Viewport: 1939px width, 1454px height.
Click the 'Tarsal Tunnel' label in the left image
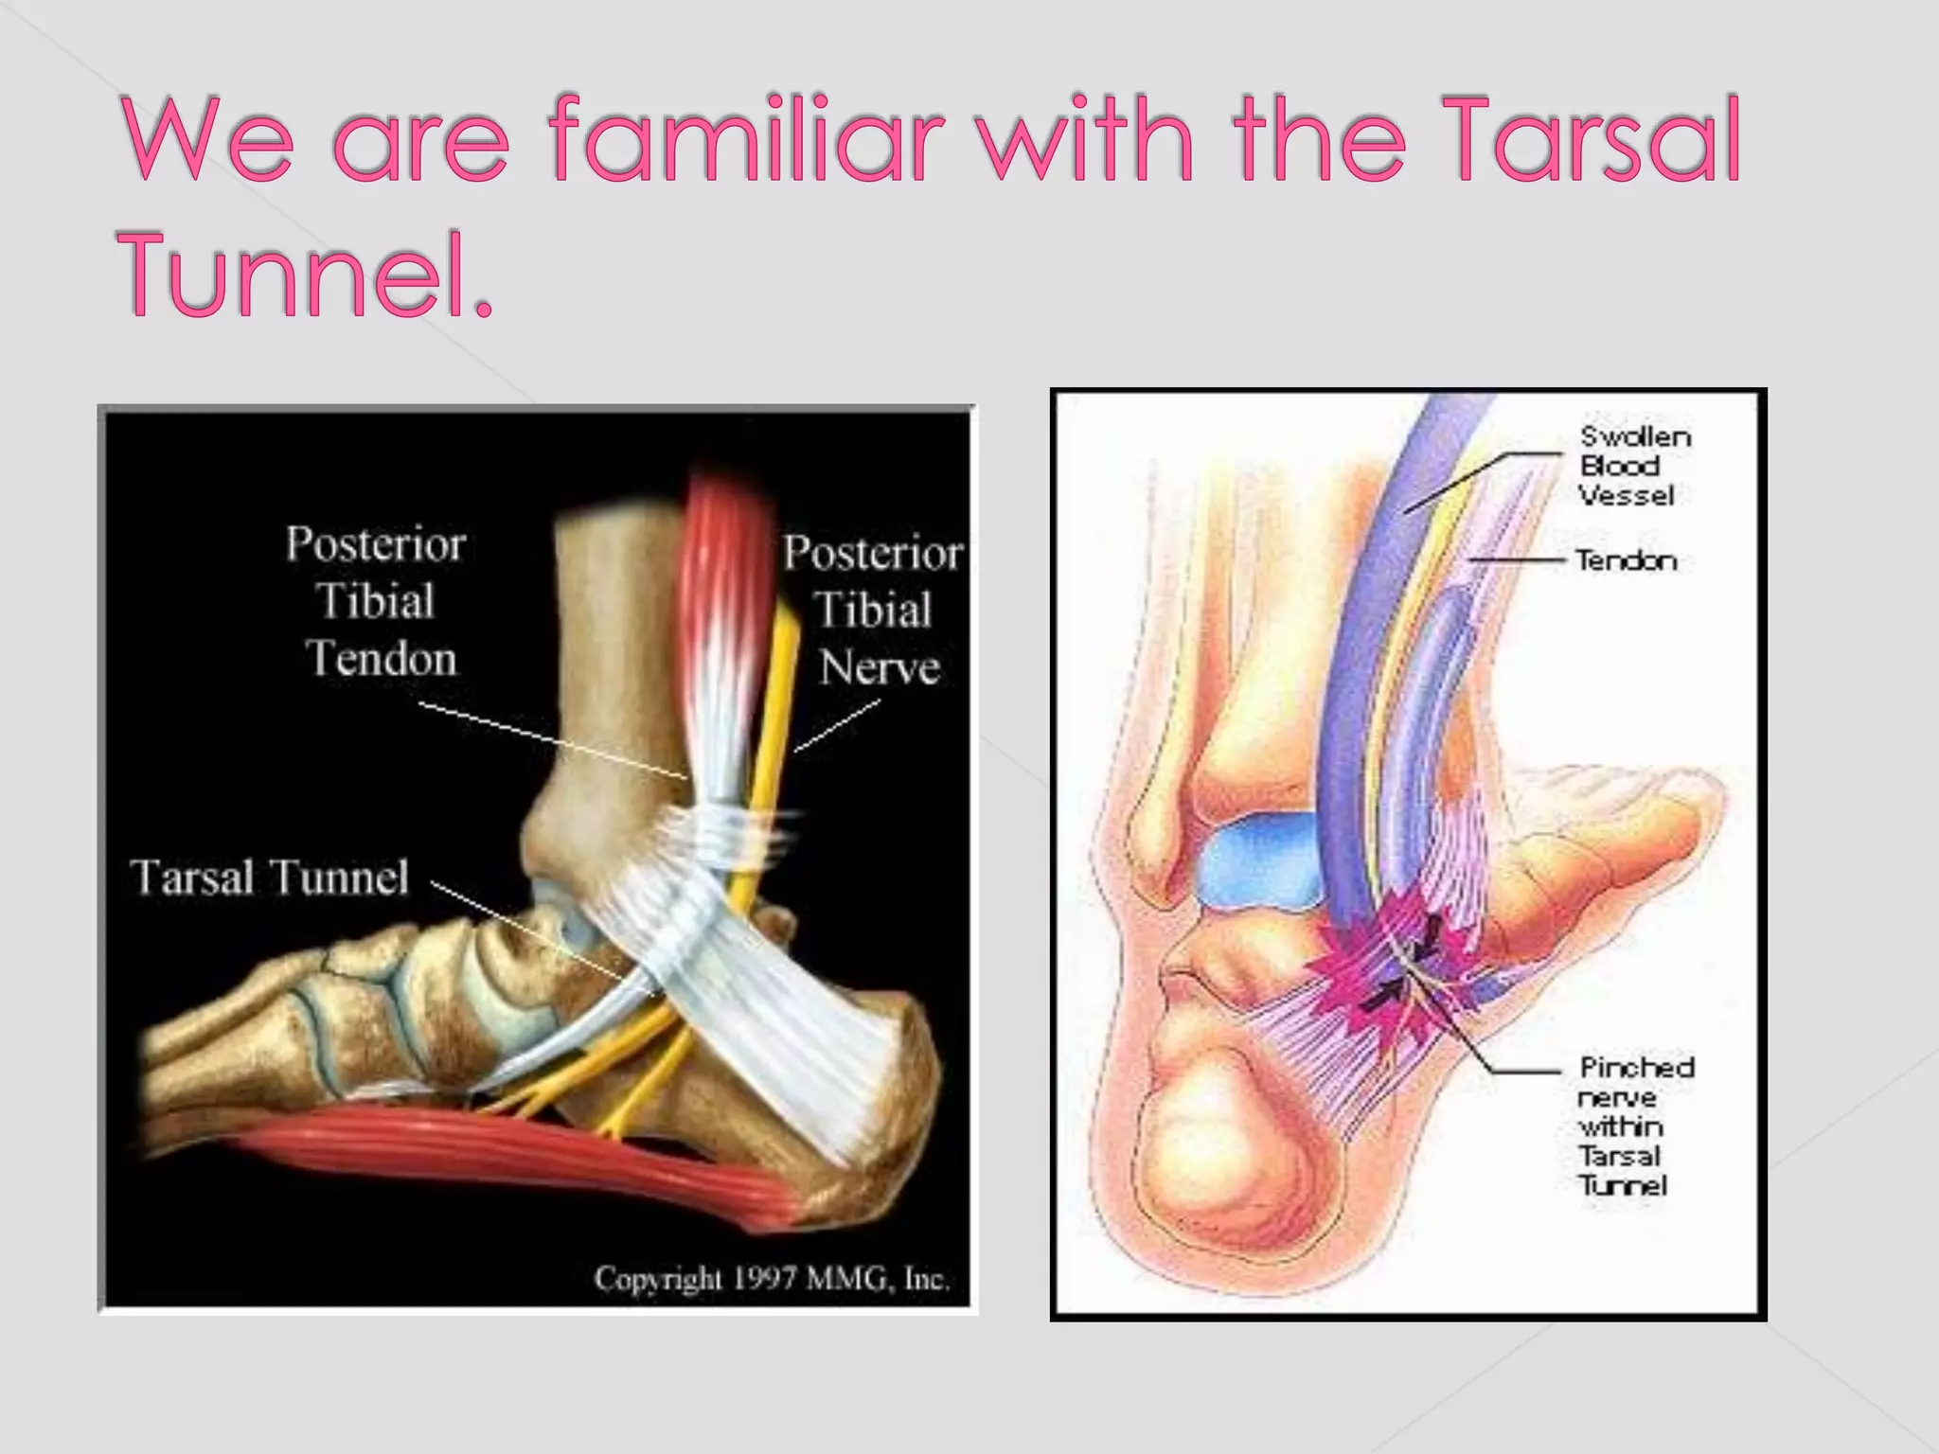click(270, 878)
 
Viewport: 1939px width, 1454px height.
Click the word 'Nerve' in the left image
click(880, 668)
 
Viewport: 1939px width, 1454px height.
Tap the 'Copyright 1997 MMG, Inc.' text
click(771, 1279)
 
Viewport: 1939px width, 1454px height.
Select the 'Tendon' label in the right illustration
click(1626, 561)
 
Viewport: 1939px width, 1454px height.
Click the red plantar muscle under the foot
click(530, 1155)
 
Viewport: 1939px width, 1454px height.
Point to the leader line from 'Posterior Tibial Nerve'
click(838, 727)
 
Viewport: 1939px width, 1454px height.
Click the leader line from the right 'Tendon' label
click(1515, 560)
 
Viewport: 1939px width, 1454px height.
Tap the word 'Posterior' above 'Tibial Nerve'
click(872, 554)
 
